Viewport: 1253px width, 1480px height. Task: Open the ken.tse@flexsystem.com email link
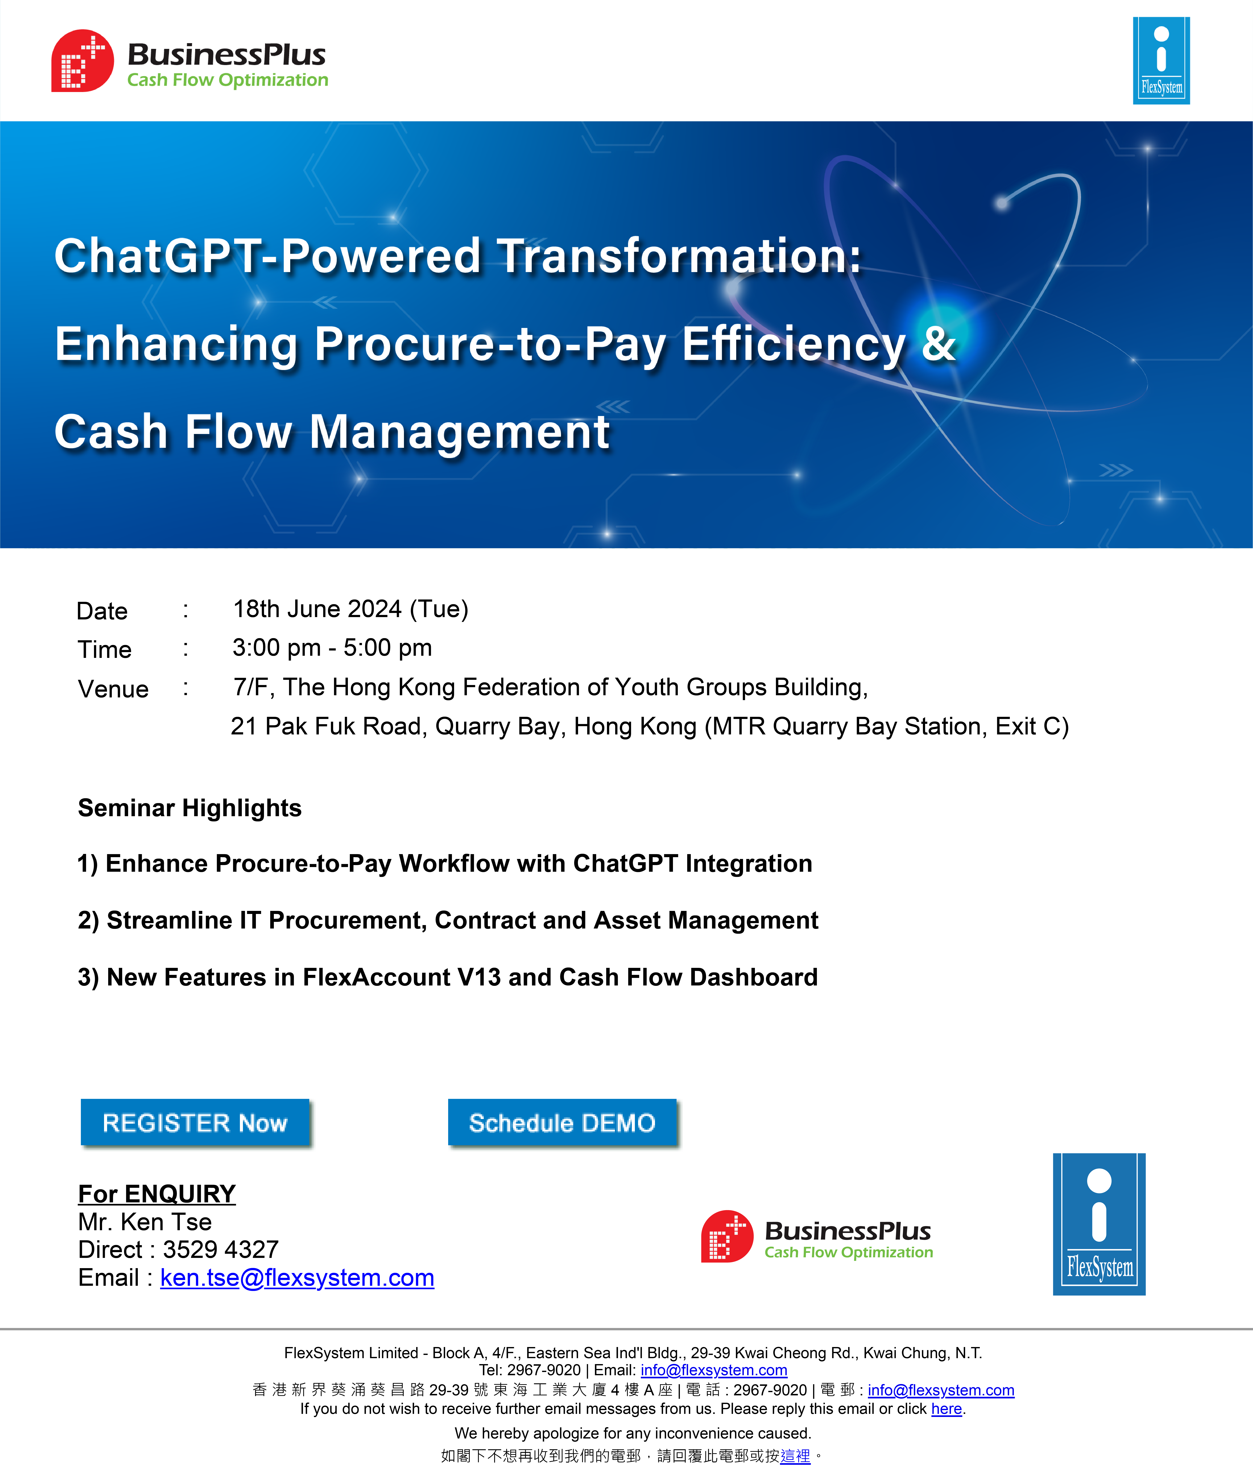[297, 1278]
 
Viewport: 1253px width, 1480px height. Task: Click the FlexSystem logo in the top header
[1161, 60]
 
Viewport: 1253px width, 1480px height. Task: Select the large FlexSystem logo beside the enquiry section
[1099, 1224]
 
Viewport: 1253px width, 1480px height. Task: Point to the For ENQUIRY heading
[157, 1194]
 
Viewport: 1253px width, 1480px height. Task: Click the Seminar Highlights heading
[190, 808]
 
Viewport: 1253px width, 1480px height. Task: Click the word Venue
[113, 689]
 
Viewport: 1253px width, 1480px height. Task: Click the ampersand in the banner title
[939, 344]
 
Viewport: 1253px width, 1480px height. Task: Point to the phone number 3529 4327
[221, 1250]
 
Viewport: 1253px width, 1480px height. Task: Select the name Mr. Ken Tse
[145, 1221]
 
